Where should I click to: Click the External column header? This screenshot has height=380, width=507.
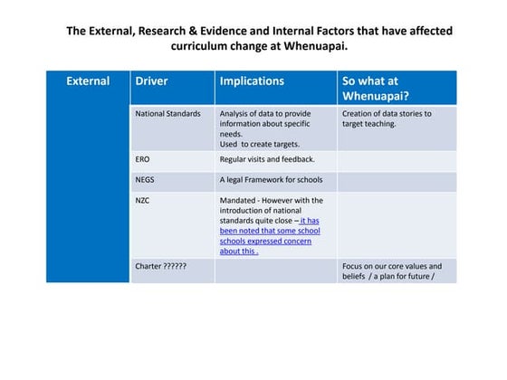(88, 81)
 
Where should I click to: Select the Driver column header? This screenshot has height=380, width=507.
(151, 81)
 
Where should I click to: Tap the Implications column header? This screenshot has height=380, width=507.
(252, 81)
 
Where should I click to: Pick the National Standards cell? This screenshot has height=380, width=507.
(167, 114)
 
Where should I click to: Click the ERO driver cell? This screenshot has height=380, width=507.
(142, 159)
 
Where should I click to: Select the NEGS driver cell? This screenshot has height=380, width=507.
(145, 179)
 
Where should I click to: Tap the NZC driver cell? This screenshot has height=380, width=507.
(142, 200)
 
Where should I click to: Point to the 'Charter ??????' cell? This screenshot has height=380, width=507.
(160, 267)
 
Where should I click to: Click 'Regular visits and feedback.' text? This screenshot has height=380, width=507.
(267, 159)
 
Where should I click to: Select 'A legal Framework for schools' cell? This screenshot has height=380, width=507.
(271, 179)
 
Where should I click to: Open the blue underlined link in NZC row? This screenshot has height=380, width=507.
(269, 236)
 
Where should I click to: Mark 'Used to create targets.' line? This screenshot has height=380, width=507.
(259, 144)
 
